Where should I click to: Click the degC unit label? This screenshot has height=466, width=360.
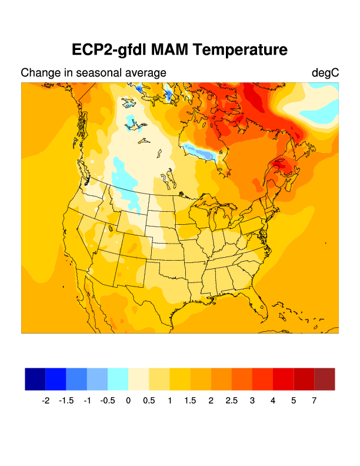(x=325, y=73)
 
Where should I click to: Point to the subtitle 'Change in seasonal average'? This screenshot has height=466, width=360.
(x=94, y=73)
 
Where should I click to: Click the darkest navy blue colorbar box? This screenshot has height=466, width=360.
(x=35, y=379)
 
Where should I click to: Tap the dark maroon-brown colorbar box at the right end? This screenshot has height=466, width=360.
(x=325, y=379)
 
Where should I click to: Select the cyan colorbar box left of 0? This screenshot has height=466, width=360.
(x=118, y=379)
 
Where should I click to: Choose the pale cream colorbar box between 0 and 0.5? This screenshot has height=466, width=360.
(x=139, y=379)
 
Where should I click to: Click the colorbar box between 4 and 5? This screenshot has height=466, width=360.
(x=284, y=379)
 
